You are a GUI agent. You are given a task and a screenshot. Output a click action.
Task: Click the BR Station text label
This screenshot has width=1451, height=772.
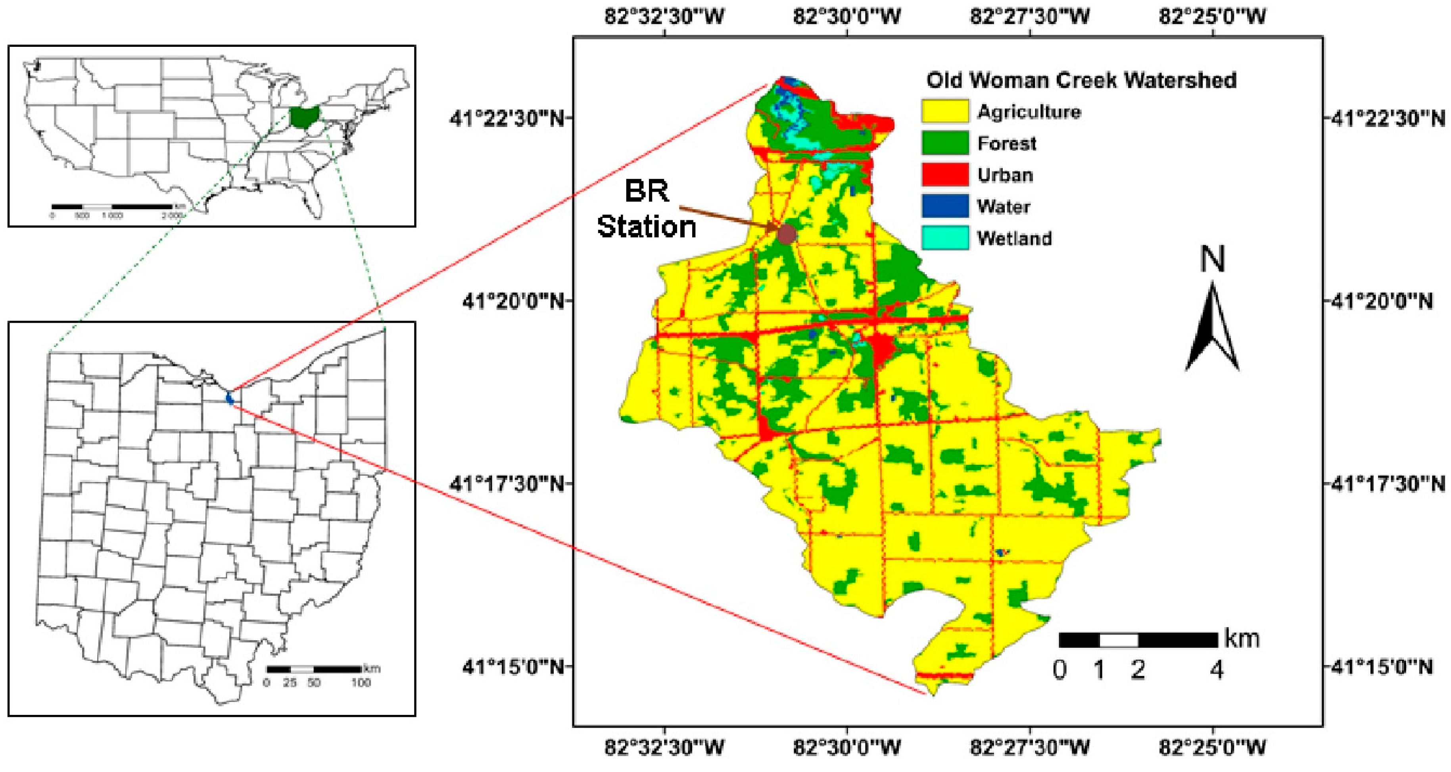pos(647,209)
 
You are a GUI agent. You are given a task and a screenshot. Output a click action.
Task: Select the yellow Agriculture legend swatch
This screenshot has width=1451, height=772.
pos(944,111)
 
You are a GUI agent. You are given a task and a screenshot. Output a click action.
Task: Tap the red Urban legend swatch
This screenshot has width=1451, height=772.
pos(944,174)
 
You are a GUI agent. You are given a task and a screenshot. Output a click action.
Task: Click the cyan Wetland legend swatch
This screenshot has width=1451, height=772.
pos(944,237)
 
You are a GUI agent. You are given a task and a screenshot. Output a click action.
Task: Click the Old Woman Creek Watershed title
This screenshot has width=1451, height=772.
pos(1081,80)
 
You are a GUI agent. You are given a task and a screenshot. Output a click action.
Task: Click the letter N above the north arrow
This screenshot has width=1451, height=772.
pos(1212,260)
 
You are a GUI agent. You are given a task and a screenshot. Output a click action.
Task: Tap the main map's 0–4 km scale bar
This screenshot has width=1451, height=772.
pos(1138,640)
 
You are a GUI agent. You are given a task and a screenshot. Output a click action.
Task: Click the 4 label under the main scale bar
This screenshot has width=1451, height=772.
pos(1217,670)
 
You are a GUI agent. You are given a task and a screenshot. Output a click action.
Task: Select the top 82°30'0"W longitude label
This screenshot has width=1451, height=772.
pos(846,17)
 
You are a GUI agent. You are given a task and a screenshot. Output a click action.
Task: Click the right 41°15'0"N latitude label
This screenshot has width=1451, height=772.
pos(1380,667)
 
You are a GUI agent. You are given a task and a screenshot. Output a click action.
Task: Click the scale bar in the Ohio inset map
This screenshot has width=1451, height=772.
pos(314,669)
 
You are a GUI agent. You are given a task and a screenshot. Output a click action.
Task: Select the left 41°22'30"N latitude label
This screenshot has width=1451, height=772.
pos(507,119)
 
